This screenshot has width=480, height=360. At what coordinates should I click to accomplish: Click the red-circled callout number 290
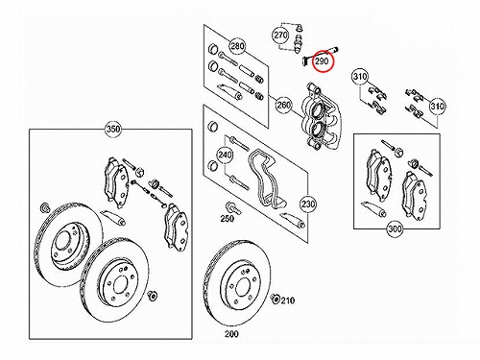[x=322, y=60]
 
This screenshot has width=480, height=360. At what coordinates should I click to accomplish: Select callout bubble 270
[x=280, y=35]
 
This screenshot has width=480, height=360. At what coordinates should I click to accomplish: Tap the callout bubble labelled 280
[x=237, y=46]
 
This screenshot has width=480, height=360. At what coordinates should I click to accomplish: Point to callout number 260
[x=284, y=105]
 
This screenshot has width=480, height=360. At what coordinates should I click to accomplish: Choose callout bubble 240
[x=225, y=155]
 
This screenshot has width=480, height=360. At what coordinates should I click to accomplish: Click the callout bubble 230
[x=308, y=204]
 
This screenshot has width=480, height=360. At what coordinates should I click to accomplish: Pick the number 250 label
[x=227, y=219]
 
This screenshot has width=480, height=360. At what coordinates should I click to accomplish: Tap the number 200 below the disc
[x=231, y=334]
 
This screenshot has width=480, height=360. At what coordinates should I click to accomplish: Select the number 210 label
[x=287, y=300]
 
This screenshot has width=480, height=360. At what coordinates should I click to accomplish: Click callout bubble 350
[x=113, y=130]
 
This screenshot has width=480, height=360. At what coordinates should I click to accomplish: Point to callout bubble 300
[x=395, y=228]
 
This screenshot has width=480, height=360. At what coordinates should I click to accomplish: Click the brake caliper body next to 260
[x=322, y=116]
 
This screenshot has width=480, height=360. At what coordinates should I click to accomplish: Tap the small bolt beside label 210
[x=275, y=299]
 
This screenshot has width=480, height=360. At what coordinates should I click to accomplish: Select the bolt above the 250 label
[x=233, y=208]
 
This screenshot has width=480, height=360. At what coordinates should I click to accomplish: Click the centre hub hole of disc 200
[x=244, y=287]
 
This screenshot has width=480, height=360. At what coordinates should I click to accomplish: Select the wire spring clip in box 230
[x=266, y=180]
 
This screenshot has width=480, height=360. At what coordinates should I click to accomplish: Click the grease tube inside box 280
[x=229, y=91]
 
